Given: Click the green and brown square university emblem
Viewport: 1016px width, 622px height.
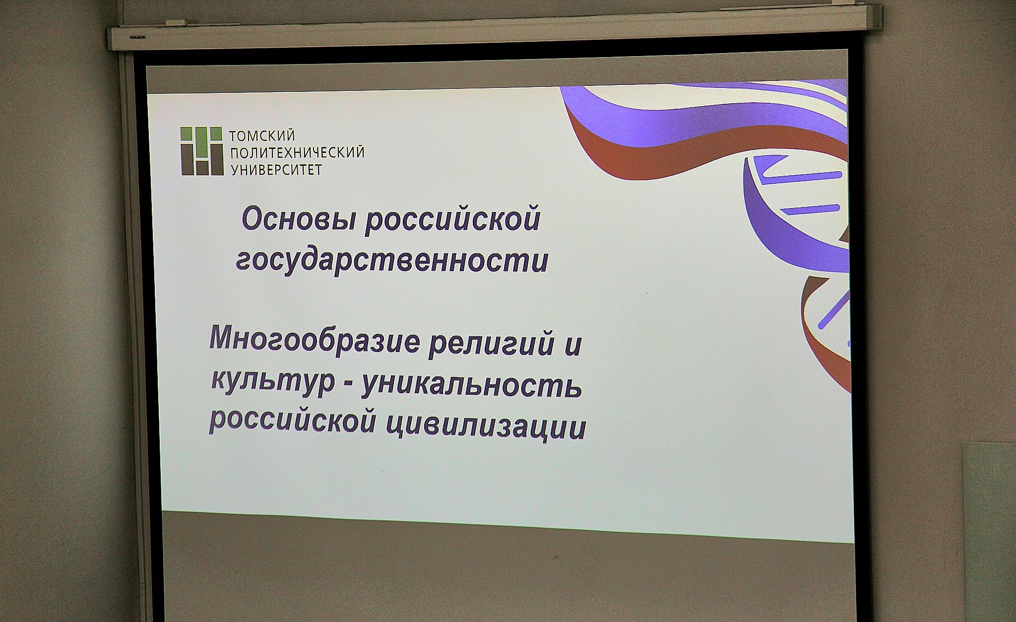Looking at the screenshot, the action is tap(201, 151).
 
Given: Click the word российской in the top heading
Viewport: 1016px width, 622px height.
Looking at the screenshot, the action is tap(452, 219).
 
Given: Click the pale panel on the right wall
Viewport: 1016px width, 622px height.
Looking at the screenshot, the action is tap(990, 531).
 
